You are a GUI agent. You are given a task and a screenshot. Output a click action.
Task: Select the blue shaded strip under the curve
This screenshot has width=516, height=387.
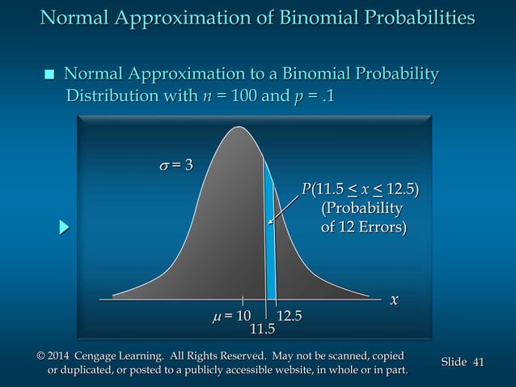point(271,243)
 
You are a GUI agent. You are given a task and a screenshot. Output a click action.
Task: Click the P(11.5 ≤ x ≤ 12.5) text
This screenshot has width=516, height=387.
point(361,191)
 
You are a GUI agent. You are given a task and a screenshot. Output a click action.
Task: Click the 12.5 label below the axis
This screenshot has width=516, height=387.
point(290,315)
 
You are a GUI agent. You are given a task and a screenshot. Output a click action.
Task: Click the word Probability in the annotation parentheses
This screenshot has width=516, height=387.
point(362,209)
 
